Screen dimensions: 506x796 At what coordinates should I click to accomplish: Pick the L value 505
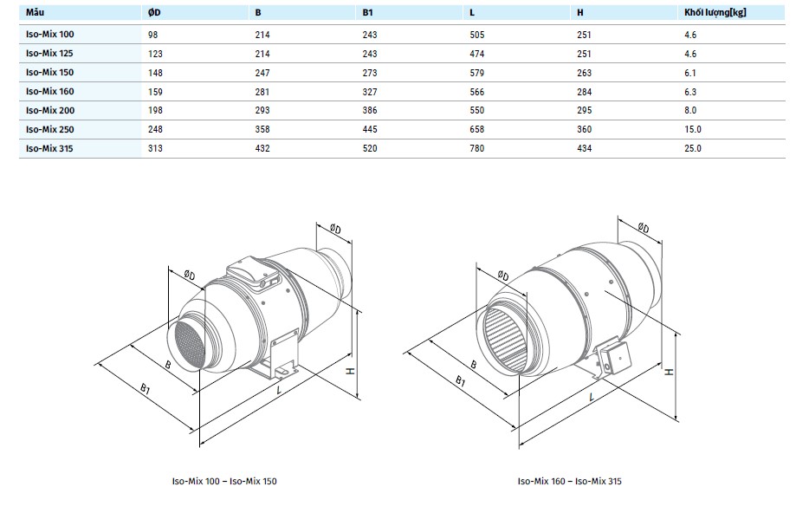pos(476,34)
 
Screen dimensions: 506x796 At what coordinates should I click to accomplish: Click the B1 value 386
pos(370,110)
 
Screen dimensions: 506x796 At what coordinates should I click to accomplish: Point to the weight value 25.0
pos(692,148)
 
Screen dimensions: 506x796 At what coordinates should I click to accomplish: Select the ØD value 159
pos(156,91)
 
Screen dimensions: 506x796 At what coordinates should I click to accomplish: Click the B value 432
pos(262,148)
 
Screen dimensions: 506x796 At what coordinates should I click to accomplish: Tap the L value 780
pos(476,148)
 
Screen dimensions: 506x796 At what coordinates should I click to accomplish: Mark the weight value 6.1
pos(690,72)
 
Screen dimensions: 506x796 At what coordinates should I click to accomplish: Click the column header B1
pos(368,13)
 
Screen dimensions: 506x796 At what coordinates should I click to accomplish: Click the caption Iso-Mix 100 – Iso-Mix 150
pos(225,480)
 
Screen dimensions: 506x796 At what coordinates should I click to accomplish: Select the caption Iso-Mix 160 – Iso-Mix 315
pos(570,480)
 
